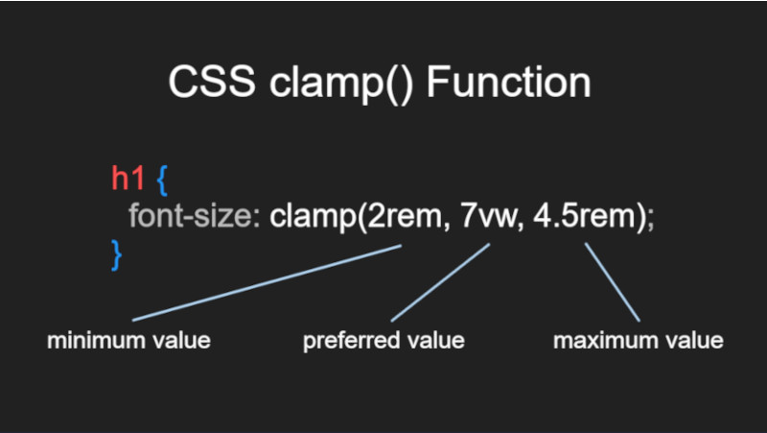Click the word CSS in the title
pyautogui.click(x=212, y=83)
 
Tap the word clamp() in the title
pyautogui.click(x=341, y=84)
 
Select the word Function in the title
pyautogui.click(x=509, y=82)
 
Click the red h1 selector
pyautogui.click(x=128, y=178)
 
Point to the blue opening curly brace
pyautogui.click(x=162, y=180)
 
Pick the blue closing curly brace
pyautogui.click(x=116, y=254)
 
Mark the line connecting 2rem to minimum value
pyautogui.click(x=267, y=283)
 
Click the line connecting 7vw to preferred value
pyautogui.click(x=440, y=282)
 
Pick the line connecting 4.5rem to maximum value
pyautogui.click(x=612, y=282)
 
